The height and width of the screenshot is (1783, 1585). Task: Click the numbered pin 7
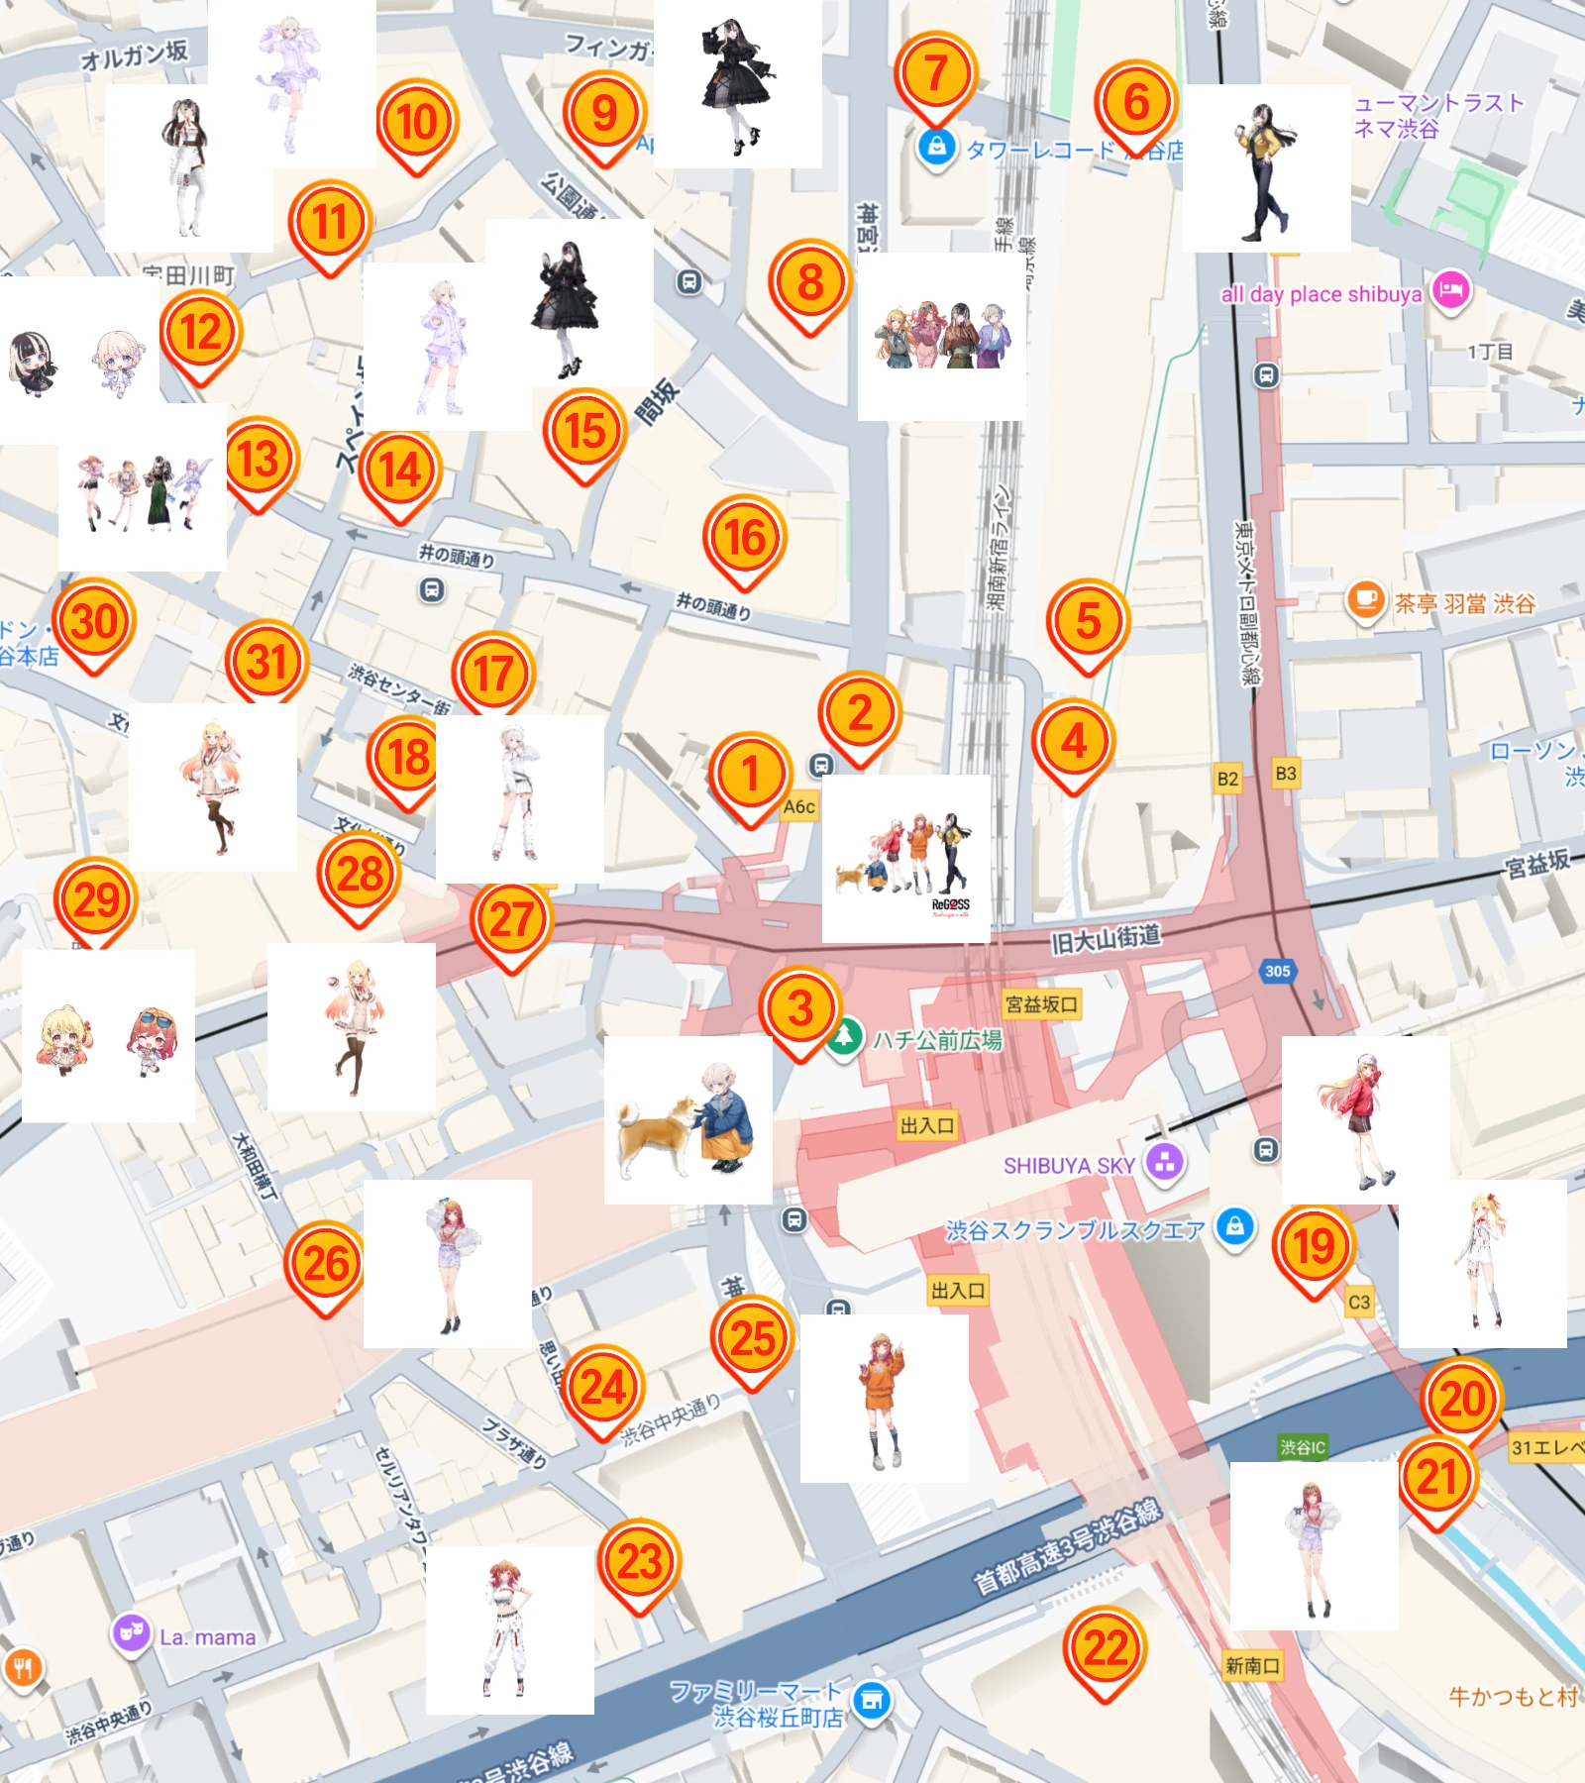click(x=935, y=75)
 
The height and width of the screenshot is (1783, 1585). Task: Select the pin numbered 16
click(x=745, y=540)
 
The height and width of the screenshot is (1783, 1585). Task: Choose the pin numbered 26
click(x=326, y=1265)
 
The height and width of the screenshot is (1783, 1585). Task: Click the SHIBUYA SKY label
click(x=1069, y=1166)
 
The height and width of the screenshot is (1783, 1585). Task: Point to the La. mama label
click(x=207, y=1637)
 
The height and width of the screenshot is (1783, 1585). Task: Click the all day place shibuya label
click(x=1321, y=294)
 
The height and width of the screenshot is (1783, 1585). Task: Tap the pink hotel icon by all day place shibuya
click(x=1450, y=291)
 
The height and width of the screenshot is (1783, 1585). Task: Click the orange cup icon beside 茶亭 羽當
click(x=1365, y=600)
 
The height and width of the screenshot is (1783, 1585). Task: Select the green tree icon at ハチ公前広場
click(x=844, y=1038)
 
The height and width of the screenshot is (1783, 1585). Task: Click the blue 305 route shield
click(x=1277, y=971)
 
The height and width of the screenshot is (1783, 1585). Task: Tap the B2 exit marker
click(x=1227, y=779)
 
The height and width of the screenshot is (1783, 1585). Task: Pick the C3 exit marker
click(x=1359, y=1303)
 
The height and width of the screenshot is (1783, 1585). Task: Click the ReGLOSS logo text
click(x=950, y=905)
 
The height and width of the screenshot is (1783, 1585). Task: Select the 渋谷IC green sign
click(x=1302, y=1447)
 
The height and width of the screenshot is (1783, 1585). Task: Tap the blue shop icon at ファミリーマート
click(x=872, y=1701)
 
